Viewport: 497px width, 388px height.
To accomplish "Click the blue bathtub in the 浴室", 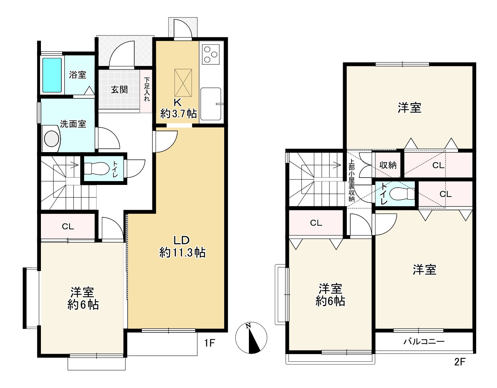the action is [x=52, y=75].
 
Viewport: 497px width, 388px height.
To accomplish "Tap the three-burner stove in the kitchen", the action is [x=211, y=54].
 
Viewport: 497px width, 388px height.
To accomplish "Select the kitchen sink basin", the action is [x=211, y=104].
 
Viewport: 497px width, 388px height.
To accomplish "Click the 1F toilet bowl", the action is [x=96, y=169].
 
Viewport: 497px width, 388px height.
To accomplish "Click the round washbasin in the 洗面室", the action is [x=52, y=139].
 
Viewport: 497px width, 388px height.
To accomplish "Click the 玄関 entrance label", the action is [x=119, y=90].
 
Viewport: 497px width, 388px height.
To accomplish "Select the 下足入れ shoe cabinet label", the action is [x=147, y=90].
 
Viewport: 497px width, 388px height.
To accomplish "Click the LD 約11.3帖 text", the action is [x=182, y=247].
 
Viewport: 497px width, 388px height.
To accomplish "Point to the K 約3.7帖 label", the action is [x=178, y=108].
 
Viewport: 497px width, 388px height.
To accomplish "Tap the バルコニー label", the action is [x=424, y=342].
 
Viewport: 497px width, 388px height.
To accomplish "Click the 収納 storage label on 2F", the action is [x=388, y=165].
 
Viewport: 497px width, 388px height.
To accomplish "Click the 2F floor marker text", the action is [x=460, y=362].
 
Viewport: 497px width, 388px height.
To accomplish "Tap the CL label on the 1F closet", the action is [x=68, y=227].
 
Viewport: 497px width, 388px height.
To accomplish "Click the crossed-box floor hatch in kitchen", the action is [x=183, y=83].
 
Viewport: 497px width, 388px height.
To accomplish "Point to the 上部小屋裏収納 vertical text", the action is [x=351, y=180].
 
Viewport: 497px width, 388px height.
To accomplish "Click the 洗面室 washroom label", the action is [x=73, y=124].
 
